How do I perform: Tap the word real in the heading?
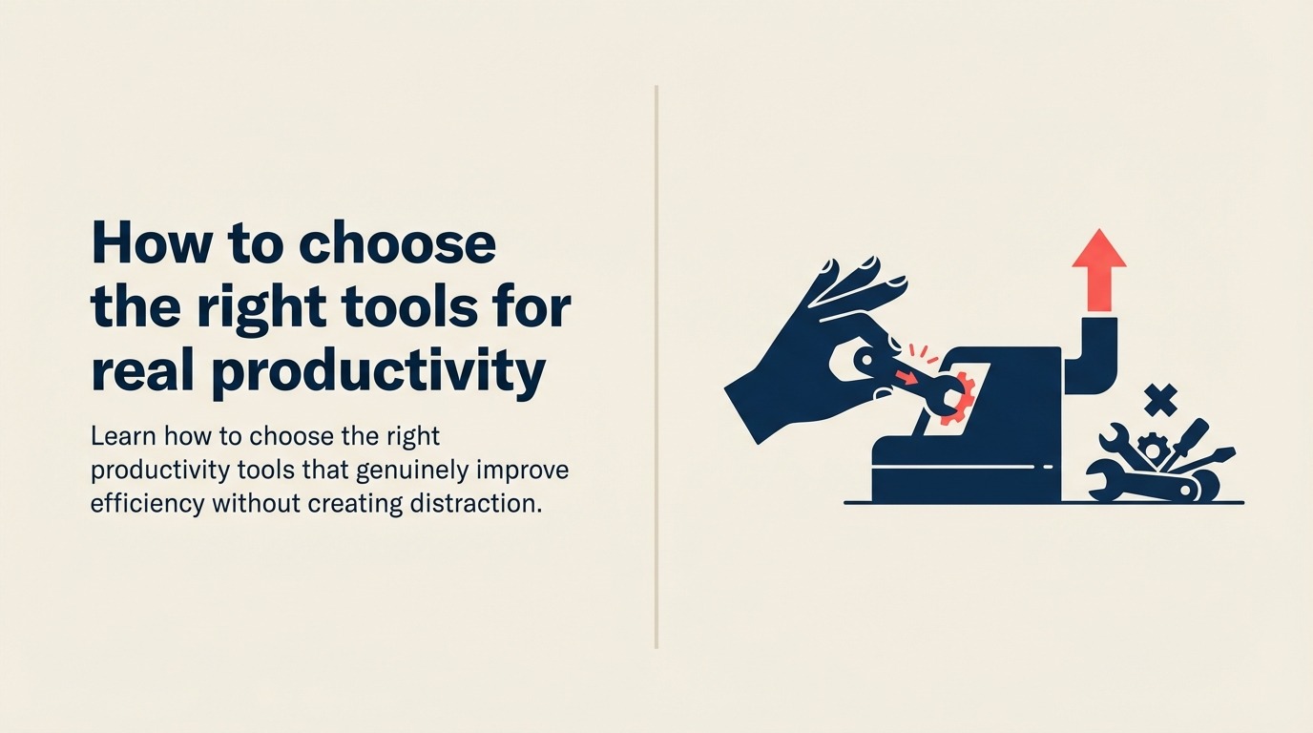click(144, 372)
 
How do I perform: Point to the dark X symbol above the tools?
click(1160, 400)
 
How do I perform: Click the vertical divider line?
click(656, 367)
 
